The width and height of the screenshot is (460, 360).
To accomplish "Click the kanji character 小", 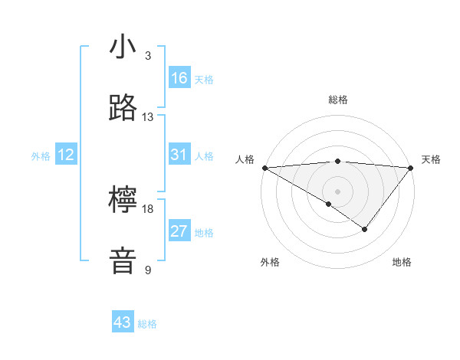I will pos(123,48).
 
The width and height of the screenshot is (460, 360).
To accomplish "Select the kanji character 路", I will pos(123,108).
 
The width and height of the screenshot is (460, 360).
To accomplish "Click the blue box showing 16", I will pos(179,78).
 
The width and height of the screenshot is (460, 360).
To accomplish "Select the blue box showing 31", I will pos(179,155).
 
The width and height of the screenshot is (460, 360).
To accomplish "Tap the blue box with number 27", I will pos(179,231).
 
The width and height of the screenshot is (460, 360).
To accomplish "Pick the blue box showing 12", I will pos(66,155).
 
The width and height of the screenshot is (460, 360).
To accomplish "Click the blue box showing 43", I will pos(123,322).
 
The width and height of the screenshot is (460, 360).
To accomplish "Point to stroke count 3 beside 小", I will pos(148,56).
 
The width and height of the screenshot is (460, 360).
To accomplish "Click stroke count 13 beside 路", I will pos(148,117).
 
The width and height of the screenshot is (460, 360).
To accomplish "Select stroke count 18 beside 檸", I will pos(148,209).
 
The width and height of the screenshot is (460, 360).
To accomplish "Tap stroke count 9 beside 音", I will pos(148,270).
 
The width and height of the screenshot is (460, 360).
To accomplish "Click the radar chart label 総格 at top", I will pos(337,100).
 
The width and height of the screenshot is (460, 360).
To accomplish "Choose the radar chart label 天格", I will pos(431,159).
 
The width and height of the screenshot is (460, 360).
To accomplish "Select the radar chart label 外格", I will pos(270,262).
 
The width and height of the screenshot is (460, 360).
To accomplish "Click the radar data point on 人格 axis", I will pos(264,167).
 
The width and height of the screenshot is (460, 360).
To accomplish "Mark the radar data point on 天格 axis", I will pos(411,167).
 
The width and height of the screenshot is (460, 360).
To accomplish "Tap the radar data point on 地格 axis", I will pos(365,229).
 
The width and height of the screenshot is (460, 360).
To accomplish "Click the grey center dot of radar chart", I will pos(337,191).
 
